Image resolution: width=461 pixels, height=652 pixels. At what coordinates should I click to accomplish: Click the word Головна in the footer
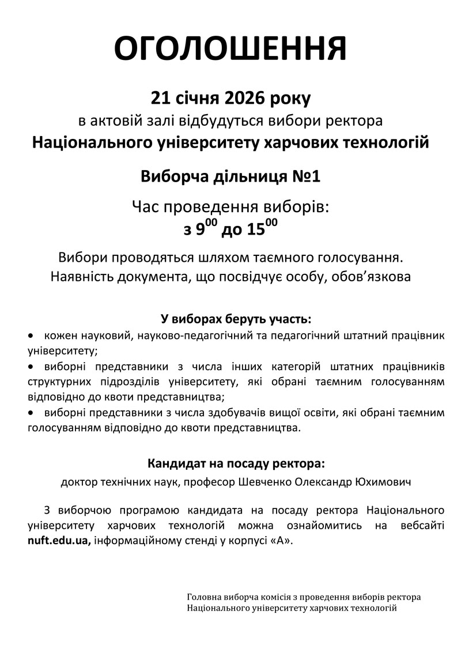point(202,597)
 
